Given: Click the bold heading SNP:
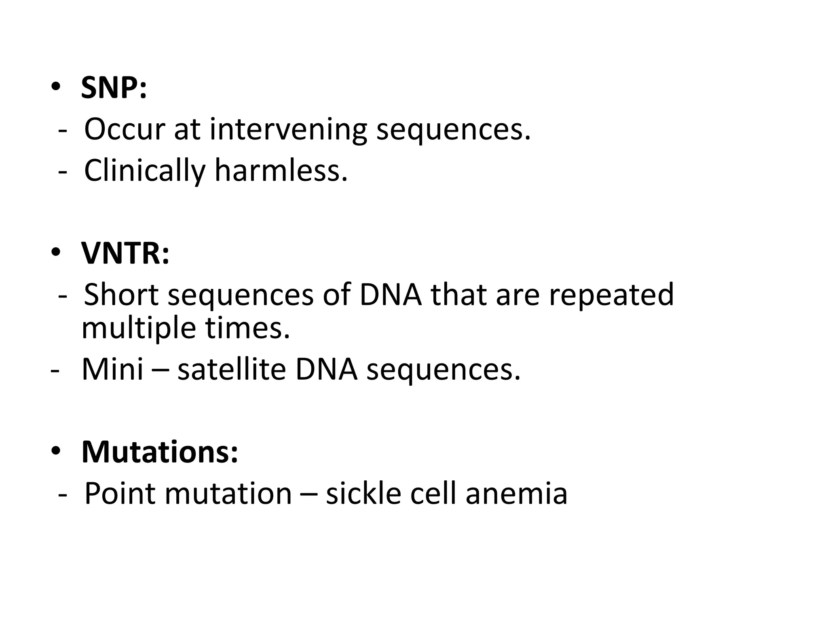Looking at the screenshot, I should click(114, 88).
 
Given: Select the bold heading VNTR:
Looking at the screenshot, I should click(125, 253).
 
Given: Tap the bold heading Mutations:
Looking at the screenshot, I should click(160, 452).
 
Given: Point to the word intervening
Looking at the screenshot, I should click(288, 130).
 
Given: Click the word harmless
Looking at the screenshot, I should click(281, 171).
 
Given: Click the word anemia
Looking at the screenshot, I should click(516, 494).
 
